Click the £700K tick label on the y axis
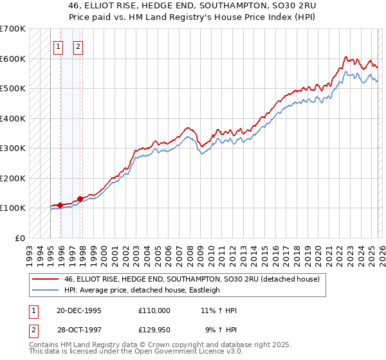click(13, 29)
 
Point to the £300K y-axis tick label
click(13, 148)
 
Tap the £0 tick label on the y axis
click(21, 238)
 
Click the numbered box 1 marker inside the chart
click(59, 46)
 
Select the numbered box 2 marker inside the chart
click(78, 46)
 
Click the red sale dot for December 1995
click(60, 205)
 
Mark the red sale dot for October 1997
click(80, 199)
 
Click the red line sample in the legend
click(46, 279)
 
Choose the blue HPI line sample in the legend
click(46, 290)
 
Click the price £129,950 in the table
click(154, 330)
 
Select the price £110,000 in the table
click(154, 310)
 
